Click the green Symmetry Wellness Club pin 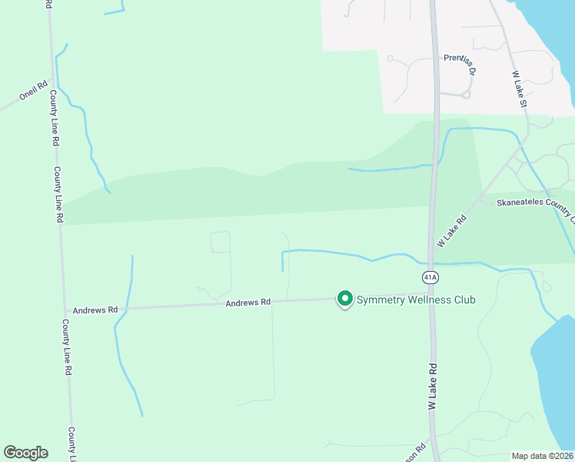click(345, 299)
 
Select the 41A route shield click(430, 276)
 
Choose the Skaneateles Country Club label click(534, 203)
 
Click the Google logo click(25, 453)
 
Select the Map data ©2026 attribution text click(542, 456)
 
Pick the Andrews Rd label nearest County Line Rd click(95, 310)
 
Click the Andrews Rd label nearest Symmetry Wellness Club click(248, 303)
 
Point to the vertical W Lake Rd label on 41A click(433, 387)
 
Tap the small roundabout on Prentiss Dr click(465, 95)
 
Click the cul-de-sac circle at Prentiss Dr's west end click(391, 59)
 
